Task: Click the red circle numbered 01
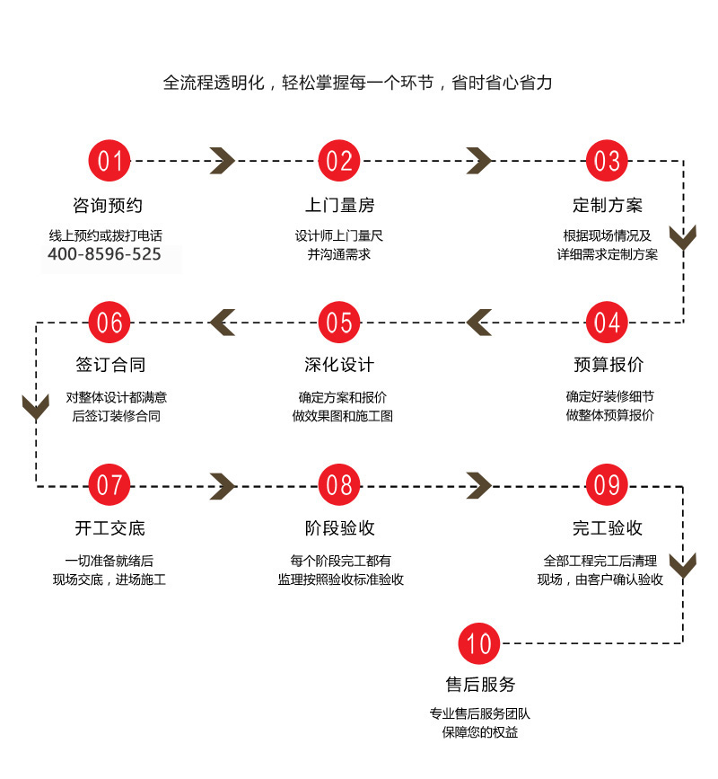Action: [109, 161]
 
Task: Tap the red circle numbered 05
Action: [339, 322]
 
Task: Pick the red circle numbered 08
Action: [339, 484]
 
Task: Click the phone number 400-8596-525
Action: [104, 254]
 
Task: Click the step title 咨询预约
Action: [108, 206]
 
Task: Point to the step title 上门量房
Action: [339, 206]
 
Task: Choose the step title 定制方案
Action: [608, 206]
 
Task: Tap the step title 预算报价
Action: [608, 366]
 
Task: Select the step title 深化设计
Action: [339, 366]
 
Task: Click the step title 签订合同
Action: [109, 366]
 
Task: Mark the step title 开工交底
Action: [109, 528]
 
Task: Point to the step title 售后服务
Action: [480, 685]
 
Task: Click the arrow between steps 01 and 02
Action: [223, 161]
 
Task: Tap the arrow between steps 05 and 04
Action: [478, 322]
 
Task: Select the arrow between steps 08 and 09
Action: [479, 485]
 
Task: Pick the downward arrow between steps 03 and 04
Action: [684, 239]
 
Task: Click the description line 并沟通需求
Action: [339, 254]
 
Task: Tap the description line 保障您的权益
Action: [480, 732]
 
